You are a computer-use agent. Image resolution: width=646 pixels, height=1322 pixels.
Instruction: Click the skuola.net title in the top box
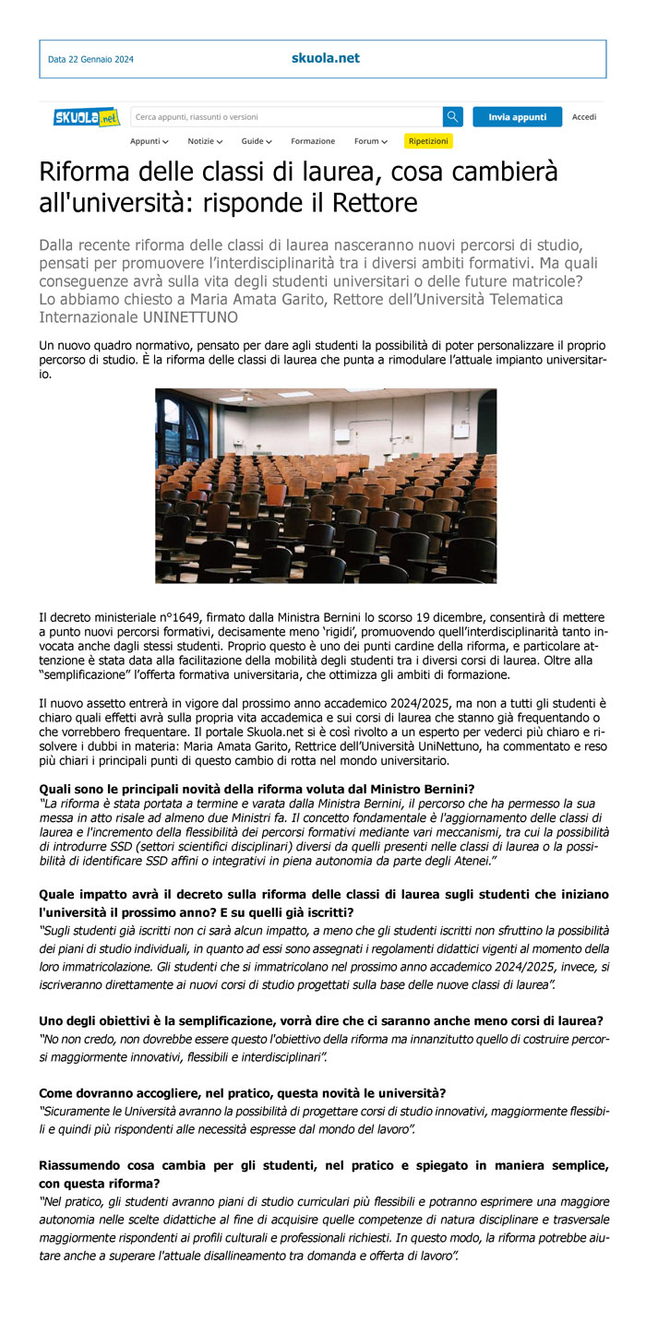[x=325, y=58]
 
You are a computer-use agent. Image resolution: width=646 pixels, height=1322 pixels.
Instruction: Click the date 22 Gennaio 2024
[x=90, y=60]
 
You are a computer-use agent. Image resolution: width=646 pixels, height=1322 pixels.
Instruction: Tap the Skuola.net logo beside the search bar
[x=87, y=117]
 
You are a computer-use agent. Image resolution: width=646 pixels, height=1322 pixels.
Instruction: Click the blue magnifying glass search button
[x=452, y=117]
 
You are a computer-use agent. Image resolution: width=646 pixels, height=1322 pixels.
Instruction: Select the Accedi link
[x=584, y=117]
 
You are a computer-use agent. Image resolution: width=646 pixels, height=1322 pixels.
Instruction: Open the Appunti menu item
[x=149, y=141]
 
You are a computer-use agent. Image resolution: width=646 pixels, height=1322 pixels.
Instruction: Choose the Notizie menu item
[x=205, y=141]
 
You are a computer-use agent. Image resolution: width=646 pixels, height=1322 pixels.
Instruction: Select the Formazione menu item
[x=313, y=141]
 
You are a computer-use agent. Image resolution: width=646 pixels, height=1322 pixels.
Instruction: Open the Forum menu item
[x=370, y=141]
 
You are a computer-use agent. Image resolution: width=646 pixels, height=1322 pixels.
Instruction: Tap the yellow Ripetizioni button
[x=428, y=141]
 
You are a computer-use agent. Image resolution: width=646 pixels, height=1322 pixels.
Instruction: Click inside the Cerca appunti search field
[x=286, y=117]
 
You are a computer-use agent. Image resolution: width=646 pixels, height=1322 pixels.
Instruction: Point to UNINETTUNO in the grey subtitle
[x=190, y=317]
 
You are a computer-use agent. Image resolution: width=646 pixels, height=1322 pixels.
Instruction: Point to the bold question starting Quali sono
[x=257, y=789]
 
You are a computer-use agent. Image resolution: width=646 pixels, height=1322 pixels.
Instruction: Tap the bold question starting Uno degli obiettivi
[x=321, y=1020]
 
